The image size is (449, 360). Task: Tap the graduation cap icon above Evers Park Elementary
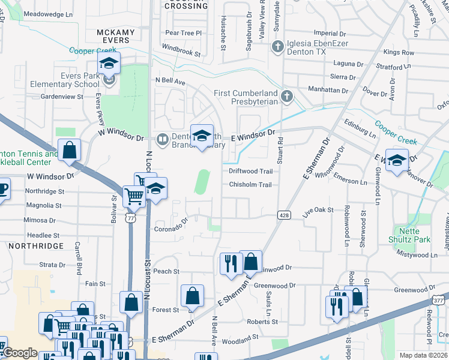[x=109, y=63]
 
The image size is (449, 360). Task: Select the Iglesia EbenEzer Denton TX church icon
[x=277, y=46]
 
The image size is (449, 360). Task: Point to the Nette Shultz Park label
[x=412, y=235]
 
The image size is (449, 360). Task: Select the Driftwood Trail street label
[x=250, y=171]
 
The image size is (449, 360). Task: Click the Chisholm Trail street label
[x=250, y=185]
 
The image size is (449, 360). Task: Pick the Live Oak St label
[x=318, y=210]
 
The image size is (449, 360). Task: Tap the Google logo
[x=20, y=353]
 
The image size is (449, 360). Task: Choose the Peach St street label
[x=166, y=271]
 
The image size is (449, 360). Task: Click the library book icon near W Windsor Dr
[x=161, y=140]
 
